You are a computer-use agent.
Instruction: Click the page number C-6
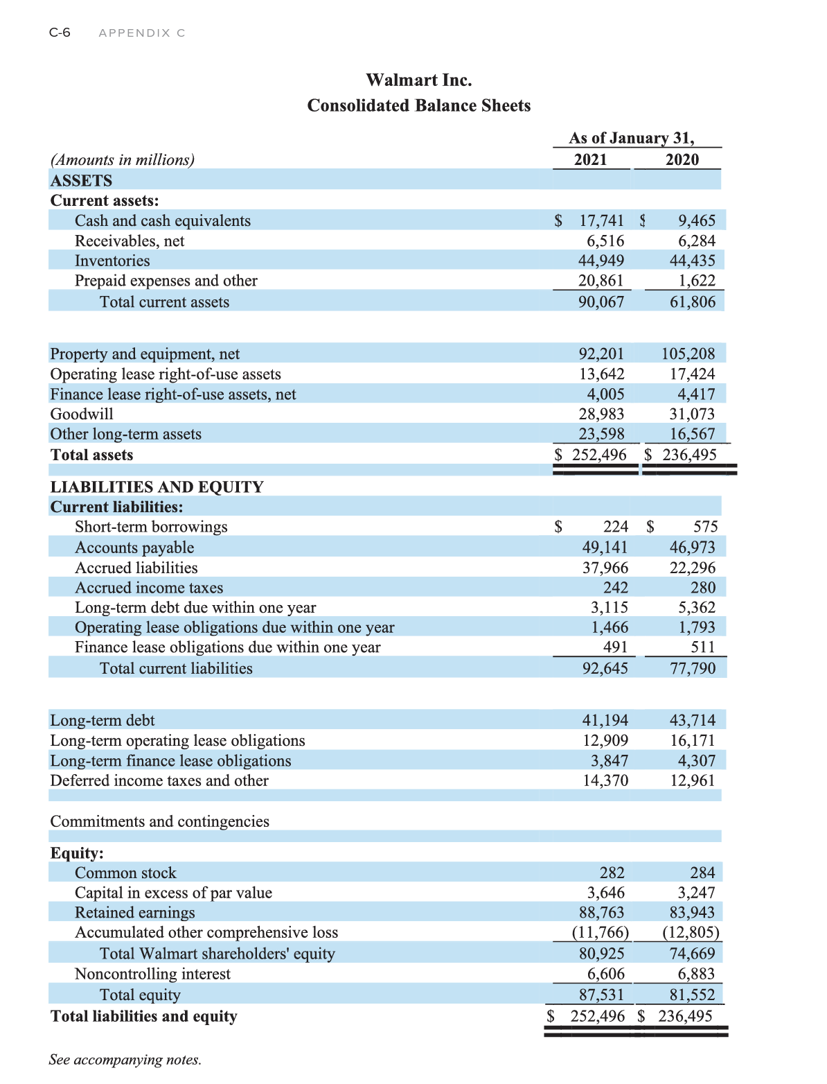click(x=60, y=33)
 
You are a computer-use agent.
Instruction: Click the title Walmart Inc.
click(x=418, y=80)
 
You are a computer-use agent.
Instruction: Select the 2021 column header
click(x=590, y=159)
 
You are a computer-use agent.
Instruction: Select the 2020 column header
click(x=682, y=159)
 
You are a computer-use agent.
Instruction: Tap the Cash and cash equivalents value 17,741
click(x=601, y=221)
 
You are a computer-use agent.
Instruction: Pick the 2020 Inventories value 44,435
click(x=692, y=261)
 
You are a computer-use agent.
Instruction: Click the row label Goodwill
click(x=82, y=414)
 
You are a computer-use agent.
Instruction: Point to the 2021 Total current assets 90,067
click(x=601, y=302)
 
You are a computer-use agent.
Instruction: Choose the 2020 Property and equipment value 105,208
click(x=688, y=353)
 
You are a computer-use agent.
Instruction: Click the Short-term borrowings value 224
click(x=616, y=527)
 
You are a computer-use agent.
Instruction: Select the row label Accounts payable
click(x=134, y=548)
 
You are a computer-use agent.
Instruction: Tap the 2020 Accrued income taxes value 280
click(x=702, y=588)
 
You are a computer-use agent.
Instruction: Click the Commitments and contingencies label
click(x=159, y=821)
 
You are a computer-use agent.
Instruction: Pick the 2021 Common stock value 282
click(x=612, y=873)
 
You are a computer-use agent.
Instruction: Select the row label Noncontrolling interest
click(x=152, y=974)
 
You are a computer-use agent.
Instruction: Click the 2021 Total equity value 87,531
click(x=601, y=995)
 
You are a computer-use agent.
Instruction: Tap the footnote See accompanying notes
click(x=125, y=1060)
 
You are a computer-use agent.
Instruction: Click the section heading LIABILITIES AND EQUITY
click(x=157, y=487)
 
